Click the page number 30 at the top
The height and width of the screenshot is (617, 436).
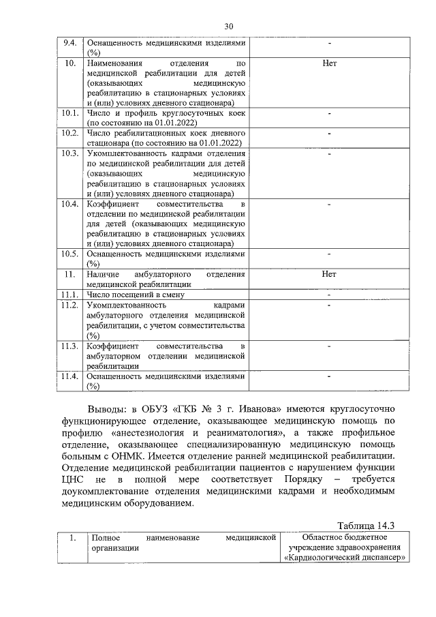coord(228,26)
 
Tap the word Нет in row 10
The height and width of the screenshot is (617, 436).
coord(329,63)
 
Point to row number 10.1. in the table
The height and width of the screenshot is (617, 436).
coord(69,112)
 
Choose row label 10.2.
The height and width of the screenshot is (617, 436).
coord(69,132)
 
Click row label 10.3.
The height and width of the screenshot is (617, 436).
coord(69,153)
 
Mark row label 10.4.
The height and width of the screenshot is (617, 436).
coord(69,204)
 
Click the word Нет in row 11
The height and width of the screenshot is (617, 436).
coord(329,274)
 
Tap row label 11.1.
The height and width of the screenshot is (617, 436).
coord(69,294)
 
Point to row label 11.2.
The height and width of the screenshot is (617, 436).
coord(69,304)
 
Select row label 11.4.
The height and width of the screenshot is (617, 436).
coord(69,376)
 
